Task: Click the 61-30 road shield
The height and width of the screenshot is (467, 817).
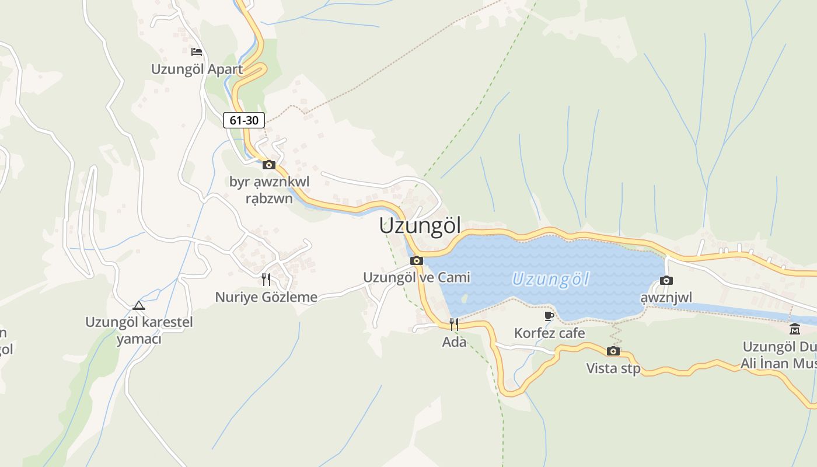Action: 244,121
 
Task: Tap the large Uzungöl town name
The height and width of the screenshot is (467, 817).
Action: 420,226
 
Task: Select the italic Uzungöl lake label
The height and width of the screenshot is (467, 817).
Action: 551,280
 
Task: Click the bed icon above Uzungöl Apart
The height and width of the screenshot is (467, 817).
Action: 197,52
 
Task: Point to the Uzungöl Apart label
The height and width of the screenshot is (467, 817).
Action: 197,69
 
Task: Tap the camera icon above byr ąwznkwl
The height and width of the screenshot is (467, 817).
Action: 269,165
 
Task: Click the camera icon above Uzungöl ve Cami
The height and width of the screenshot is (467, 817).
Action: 417,261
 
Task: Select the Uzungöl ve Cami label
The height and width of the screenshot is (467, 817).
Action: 417,277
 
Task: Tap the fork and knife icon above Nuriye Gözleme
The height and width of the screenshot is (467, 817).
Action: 266,280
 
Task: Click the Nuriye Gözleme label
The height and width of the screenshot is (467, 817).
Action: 266,297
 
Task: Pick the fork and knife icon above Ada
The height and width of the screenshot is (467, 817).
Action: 454,325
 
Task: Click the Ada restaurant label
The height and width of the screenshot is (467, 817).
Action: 454,342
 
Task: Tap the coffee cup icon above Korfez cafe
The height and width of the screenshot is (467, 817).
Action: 549,316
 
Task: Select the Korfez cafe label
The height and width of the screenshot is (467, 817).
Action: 549,333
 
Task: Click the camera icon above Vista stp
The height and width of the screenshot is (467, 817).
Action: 613,351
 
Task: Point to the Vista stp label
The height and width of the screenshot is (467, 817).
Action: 613,368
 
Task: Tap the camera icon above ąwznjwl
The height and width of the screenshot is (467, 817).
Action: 666,281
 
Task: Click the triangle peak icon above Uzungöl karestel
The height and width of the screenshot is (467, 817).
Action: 138,305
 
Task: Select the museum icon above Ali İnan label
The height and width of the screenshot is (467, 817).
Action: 795,329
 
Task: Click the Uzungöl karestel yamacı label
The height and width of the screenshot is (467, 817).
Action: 139,330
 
